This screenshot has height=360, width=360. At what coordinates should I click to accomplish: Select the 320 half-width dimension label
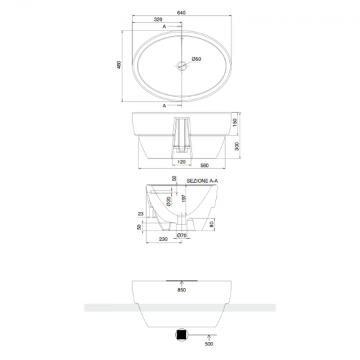[x=159, y=20]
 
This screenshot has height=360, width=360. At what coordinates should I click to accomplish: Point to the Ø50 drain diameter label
[x=197, y=60]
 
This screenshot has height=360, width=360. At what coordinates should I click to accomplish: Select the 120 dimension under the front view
[x=181, y=161]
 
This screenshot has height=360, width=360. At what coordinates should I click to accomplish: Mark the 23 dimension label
[x=141, y=215]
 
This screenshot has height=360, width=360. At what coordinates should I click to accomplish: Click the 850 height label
[x=182, y=291]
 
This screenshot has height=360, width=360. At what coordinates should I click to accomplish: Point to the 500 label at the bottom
[x=207, y=341]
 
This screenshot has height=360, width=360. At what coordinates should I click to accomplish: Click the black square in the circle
[x=181, y=333]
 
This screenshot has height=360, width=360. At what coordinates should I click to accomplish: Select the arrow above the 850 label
[x=182, y=284]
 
